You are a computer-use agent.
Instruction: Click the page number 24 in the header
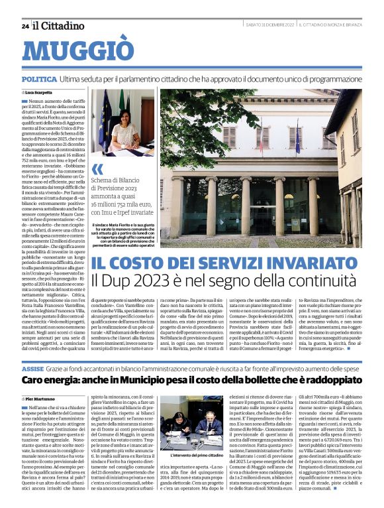[24, 27]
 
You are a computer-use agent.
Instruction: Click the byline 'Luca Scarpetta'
[39, 92]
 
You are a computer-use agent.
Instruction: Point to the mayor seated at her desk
[124, 128]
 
